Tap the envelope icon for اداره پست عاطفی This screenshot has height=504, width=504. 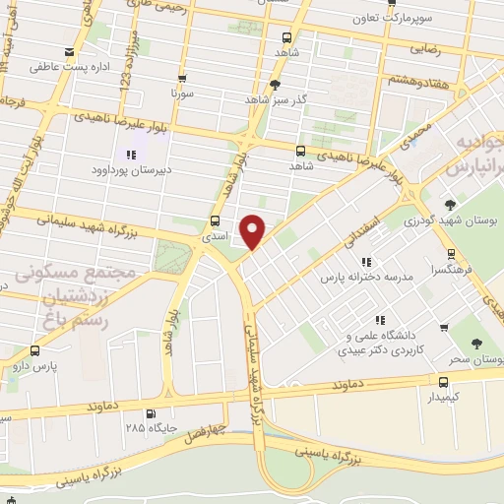pyautogui.click(x=68, y=52)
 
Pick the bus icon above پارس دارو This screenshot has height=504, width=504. pyautogui.click(x=36, y=349)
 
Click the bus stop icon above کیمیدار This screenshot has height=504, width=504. pyautogui.click(x=442, y=379)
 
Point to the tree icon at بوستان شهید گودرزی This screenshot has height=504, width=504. pyautogui.click(x=451, y=205)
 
